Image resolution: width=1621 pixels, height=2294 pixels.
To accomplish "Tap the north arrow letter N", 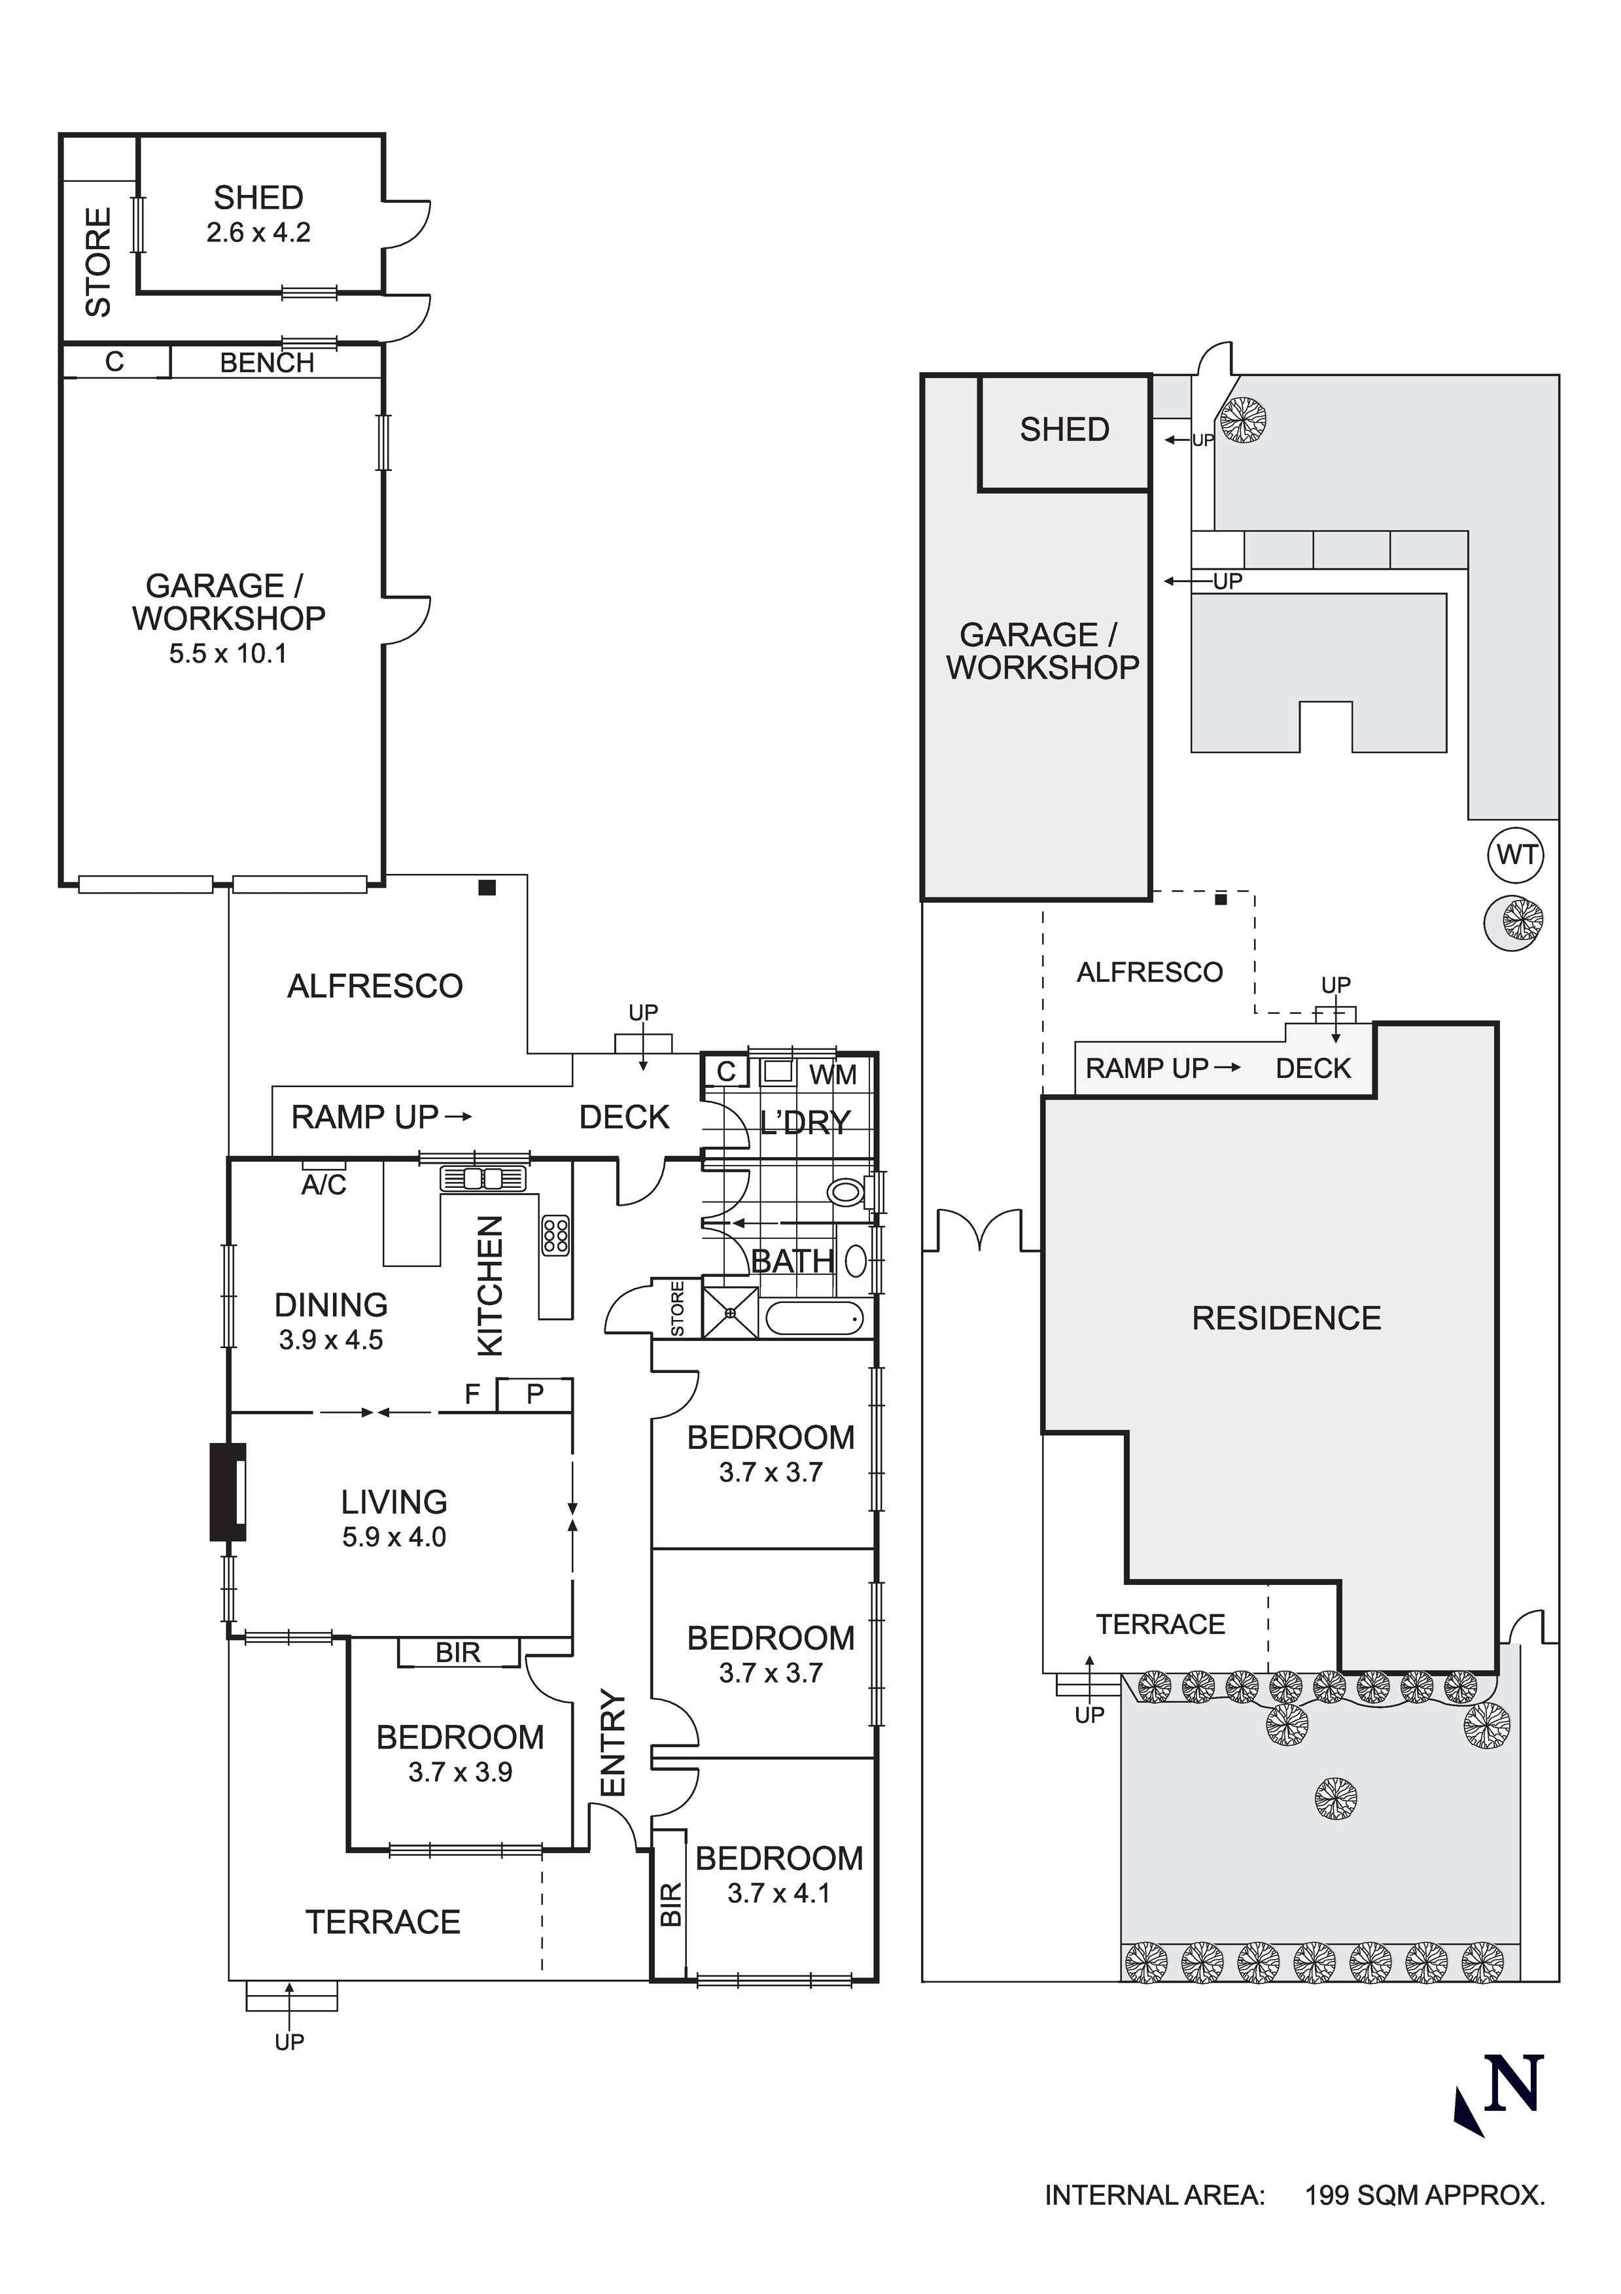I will point(1514,2086).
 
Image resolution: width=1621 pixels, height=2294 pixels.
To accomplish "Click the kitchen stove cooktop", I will point(555,1235).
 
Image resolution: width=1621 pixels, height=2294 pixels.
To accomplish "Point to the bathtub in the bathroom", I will point(814,1319).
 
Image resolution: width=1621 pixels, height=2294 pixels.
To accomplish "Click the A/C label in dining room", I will point(324,1185).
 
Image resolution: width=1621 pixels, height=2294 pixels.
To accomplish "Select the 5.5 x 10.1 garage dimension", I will point(228,653).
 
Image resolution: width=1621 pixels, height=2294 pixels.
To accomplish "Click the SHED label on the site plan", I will point(1064,430).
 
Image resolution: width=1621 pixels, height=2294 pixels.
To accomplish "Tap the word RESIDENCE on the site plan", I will point(1286,1318).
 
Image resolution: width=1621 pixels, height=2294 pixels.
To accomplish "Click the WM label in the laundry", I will point(833,1075).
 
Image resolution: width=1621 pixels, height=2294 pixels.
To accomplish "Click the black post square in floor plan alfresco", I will point(487,887).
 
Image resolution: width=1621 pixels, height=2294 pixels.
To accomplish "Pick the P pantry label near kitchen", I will point(534,1394).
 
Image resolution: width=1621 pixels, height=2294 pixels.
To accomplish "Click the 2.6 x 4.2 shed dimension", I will point(259,233).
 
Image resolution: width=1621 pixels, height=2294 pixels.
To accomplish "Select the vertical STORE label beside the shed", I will point(98,262).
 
